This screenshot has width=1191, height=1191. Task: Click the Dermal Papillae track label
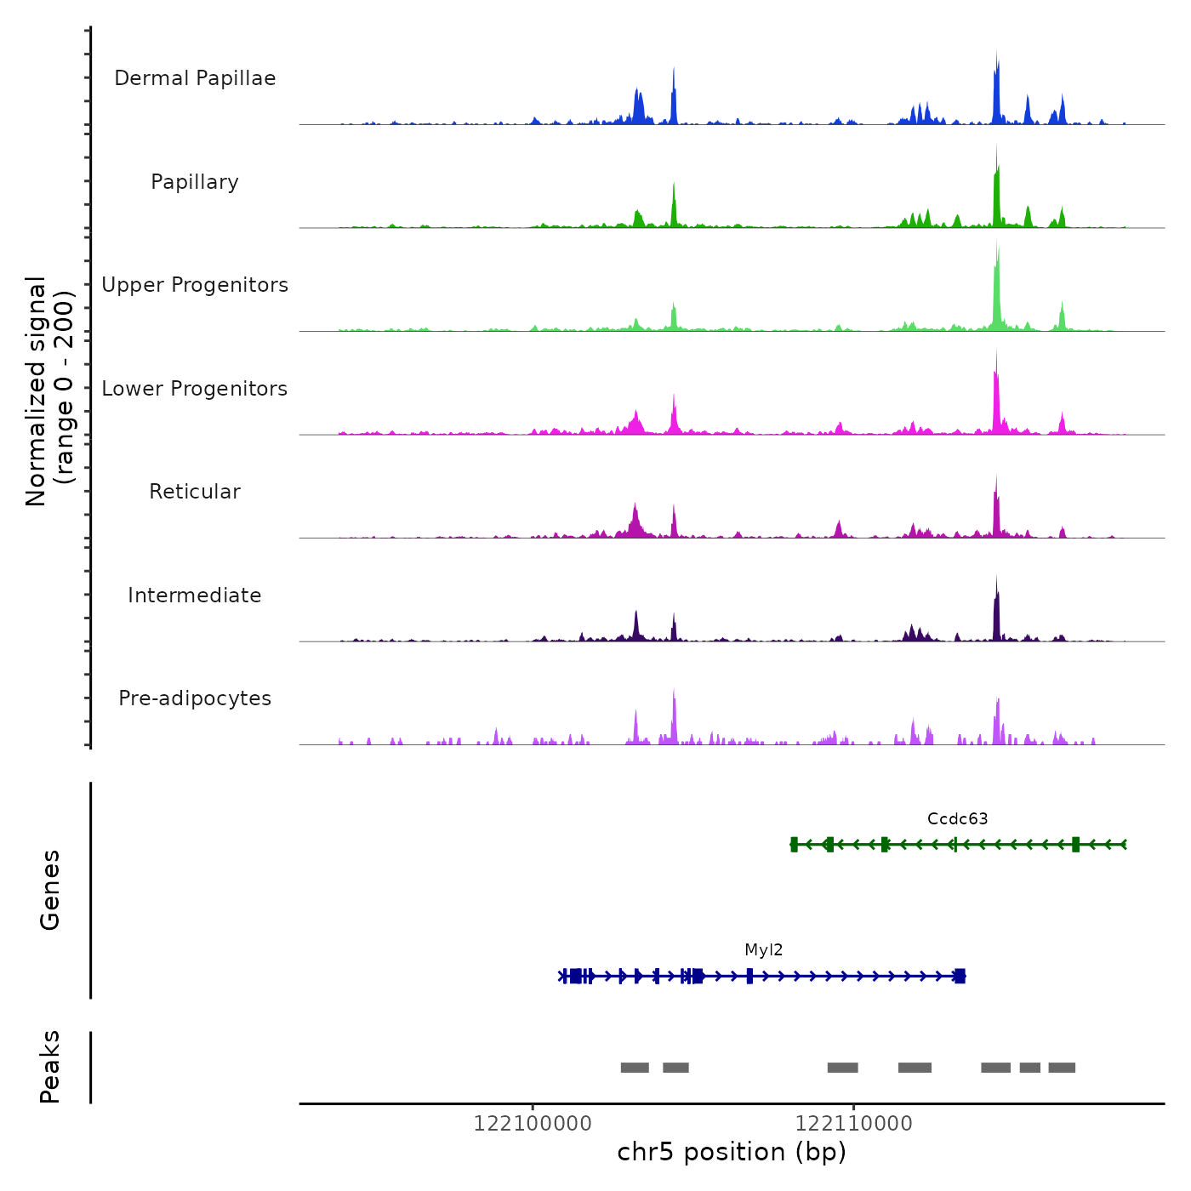pos(195,78)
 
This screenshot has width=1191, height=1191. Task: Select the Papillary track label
pos(195,182)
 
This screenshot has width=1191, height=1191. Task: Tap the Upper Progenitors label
pos(195,285)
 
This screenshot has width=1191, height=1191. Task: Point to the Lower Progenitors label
pos(195,389)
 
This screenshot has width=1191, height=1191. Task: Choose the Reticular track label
pos(195,492)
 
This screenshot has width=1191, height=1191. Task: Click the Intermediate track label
pos(195,595)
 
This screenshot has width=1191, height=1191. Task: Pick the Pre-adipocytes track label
pos(195,698)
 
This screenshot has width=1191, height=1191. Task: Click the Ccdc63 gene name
pos(957,819)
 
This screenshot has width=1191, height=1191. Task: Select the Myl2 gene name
pos(763,950)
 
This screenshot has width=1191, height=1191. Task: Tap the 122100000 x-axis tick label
pos(533,1124)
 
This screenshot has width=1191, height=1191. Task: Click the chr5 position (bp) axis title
pos(732,1152)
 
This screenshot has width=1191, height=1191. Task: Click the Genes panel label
pos(50,890)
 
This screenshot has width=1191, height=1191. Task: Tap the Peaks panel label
pos(50,1067)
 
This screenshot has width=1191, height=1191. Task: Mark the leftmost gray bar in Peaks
pos(635,1068)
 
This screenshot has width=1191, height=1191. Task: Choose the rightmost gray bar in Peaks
pos(1062,1068)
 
